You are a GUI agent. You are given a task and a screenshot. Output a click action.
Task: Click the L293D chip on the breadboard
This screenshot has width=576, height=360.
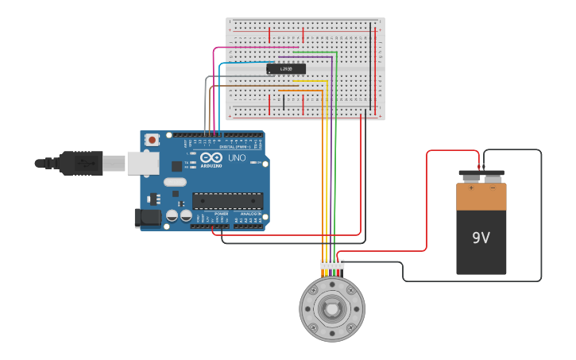[286, 69]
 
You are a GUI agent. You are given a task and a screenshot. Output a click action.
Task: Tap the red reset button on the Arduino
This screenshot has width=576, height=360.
[152, 140]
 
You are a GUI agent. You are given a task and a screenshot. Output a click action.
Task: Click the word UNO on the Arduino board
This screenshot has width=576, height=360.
[237, 157]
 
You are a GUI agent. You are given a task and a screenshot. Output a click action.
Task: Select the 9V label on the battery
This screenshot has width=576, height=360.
[481, 238]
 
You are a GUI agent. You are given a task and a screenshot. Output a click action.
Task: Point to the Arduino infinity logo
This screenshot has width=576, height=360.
[211, 157]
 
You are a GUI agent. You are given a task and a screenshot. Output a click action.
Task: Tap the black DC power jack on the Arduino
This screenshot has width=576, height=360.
[147, 217]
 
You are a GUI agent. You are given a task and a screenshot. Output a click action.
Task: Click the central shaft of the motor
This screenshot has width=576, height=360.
[332, 308]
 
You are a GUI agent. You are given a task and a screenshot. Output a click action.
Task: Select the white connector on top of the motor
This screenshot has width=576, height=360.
[332, 264]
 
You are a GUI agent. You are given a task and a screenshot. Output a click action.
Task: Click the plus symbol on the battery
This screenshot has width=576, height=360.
[470, 188]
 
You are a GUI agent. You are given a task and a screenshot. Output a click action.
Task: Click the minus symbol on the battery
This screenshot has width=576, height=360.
[493, 188]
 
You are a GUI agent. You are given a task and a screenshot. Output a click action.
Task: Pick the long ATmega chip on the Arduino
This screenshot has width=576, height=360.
[227, 200]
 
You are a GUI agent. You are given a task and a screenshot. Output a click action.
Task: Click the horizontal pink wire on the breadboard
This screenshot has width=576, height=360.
[254, 47]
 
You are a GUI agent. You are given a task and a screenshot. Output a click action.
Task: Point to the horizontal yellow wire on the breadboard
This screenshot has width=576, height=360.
[311, 80]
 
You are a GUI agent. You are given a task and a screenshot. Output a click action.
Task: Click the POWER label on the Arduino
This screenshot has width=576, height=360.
[222, 214]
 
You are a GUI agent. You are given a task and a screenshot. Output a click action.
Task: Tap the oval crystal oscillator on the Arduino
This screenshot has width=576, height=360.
[176, 182]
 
